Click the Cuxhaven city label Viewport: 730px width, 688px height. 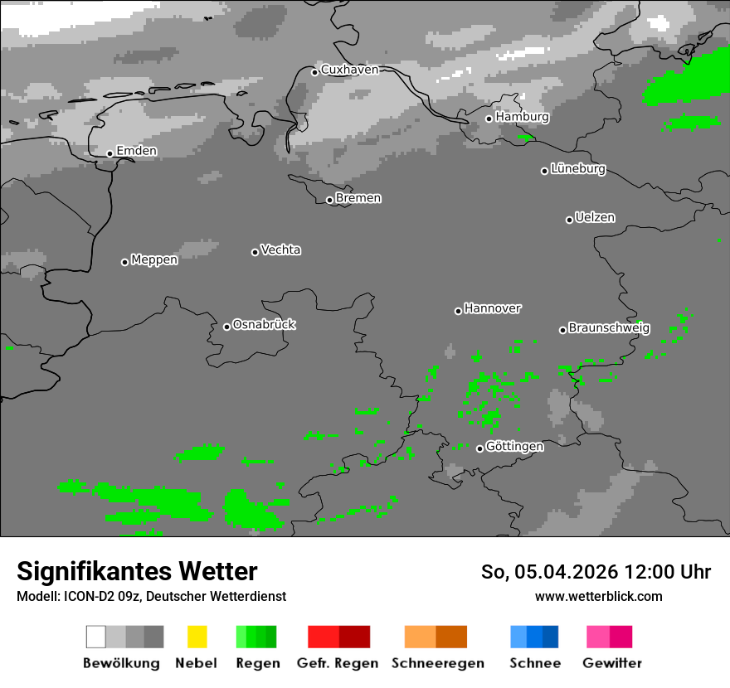(349, 70)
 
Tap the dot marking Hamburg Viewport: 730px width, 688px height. (489, 119)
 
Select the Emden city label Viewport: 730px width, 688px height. (136, 151)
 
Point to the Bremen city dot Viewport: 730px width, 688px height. (329, 200)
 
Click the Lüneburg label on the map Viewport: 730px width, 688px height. (578, 169)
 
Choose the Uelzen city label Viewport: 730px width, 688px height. (595, 217)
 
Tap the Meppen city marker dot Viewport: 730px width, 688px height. (124, 262)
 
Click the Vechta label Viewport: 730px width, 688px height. (280, 250)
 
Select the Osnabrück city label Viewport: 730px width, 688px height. (264, 324)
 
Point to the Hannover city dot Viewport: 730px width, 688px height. (458, 311)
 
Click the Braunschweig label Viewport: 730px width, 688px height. (609, 327)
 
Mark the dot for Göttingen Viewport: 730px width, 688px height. (479, 448)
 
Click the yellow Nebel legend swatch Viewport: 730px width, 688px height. (197, 637)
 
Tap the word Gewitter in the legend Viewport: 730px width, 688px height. (612, 663)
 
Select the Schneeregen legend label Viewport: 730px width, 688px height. (436, 663)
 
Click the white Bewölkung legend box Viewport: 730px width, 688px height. (96, 637)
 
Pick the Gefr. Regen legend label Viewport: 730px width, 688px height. (338, 663)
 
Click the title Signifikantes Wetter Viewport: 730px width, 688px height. (137, 571)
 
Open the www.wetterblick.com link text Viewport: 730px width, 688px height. (598, 596)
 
